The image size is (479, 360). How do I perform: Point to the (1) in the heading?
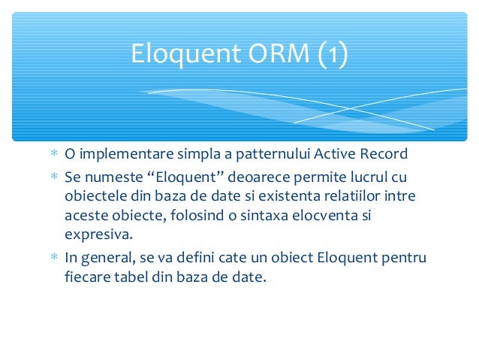click(331, 54)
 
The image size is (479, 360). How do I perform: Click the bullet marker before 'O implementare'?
click(54, 155)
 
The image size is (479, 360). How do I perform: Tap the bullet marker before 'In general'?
click(54, 258)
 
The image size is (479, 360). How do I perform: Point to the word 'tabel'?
click(131, 277)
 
